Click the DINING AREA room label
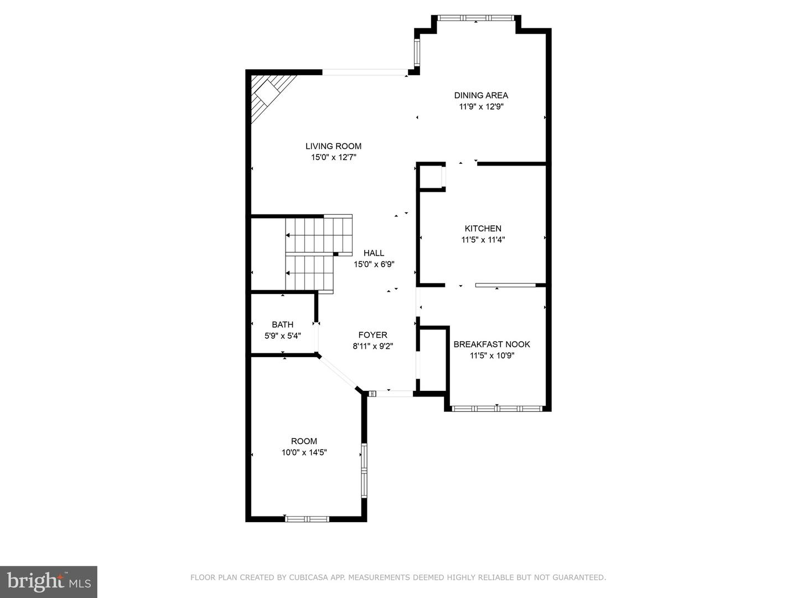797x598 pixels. coord(481,95)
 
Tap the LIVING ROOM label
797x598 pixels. coord(333,146)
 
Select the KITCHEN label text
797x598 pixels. coord(483,228)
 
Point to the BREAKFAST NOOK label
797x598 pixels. coord(491,344)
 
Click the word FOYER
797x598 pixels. coord(372,335)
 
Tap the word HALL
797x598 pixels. coord(374,253)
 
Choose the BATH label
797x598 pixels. coord(282,324)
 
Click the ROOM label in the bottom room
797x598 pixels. coord(304,441)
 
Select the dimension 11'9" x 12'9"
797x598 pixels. coord(481,107)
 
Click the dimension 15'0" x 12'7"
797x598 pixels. coord(333,158)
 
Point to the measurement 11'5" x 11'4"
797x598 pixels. coord(483,240)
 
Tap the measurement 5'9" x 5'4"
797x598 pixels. coord(282,336)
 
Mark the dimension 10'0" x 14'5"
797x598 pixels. coord(304,452)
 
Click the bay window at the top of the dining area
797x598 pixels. coord(476,18)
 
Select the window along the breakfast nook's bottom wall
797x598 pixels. coord(496,409)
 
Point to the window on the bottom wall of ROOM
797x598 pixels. coord(307,519)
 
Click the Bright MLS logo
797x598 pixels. coord(49,581)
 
